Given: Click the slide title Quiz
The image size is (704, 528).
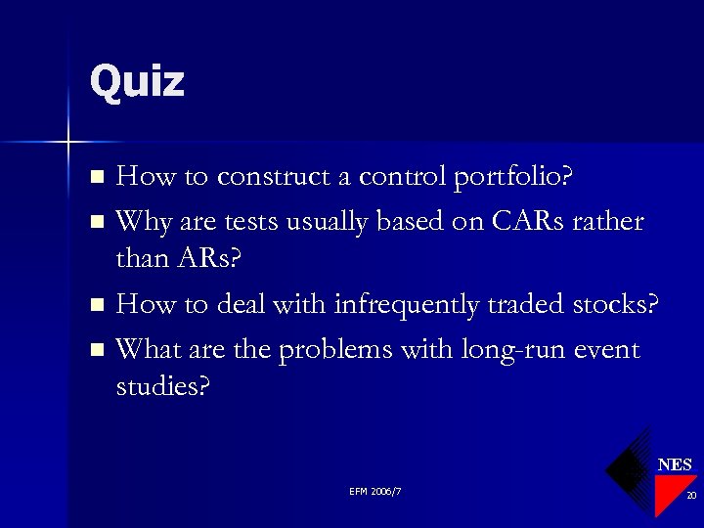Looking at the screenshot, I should [x=136, y=81].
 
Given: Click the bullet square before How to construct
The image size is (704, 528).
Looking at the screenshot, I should [x=96, y=178].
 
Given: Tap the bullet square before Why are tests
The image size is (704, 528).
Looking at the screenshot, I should [x=96, y=222].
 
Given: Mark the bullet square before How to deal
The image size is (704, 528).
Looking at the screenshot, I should [x=96, y=306].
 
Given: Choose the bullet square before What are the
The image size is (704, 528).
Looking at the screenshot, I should [x=96, y=350].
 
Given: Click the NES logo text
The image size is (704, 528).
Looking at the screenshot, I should [x=675, y=464].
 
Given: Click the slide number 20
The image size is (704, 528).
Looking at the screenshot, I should [x=690, y=497].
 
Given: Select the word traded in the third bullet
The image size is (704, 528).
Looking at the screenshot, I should [x=530, y=305].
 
